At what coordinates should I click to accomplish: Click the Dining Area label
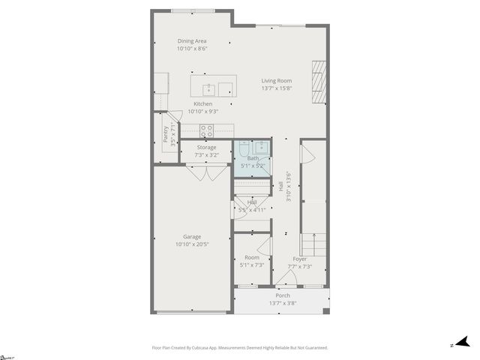(x=192, y=41)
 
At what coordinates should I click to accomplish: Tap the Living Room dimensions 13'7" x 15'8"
(x=276, y=88)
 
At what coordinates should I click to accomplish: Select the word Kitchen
(x=202, y=103)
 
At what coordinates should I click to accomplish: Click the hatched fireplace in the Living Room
(x=320, y=79)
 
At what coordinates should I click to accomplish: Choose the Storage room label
(x=206, y=148)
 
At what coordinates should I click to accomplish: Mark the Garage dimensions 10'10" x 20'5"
(x=192, y=244)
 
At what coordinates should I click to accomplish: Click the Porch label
(x=283, y=295)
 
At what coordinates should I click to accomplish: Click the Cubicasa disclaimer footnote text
(x=239, y=348)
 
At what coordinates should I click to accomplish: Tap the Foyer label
(x=300, y=259)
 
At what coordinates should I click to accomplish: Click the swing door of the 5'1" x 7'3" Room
(x=263, y=244)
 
